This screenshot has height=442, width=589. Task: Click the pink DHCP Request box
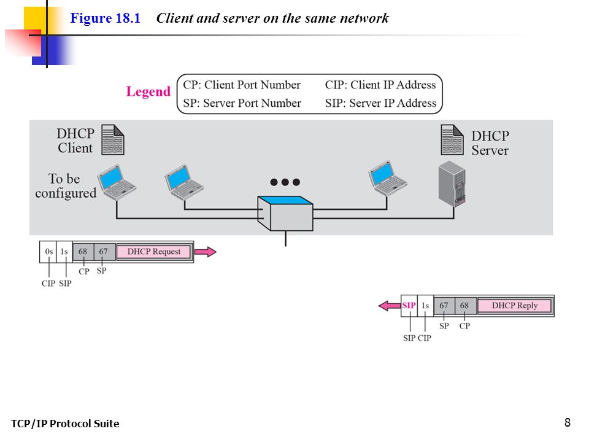tap(153, 252)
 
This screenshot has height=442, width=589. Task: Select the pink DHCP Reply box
tap(515, 306)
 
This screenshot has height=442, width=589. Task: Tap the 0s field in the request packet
tap(48, 252)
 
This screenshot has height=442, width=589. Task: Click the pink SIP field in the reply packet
tap(409, 306)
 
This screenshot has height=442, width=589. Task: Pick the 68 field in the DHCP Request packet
tap(83, 252)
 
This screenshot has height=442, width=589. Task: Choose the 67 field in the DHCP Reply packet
tap(444, 306)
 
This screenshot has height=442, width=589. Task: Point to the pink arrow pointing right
tap(205, 252)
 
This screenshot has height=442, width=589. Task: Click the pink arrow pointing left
tap(390, 306)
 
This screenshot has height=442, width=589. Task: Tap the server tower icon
tap(452, 184)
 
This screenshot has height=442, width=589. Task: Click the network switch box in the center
tap(285, 213)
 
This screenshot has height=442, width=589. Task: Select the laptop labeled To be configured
tap(117, 182)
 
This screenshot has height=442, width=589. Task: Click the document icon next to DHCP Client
tap(113, 140)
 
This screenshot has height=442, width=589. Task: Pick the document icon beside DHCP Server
tap(452, 140)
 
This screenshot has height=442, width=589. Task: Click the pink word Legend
tap(148, 91)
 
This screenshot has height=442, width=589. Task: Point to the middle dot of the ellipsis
tap(285, 182)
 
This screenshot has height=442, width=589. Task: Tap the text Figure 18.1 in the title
tap(105, 18)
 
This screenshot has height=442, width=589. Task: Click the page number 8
tap(567, 422)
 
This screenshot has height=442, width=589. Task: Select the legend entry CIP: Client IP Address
tap(380, 85)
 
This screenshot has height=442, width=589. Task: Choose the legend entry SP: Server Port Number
tap(242, 103)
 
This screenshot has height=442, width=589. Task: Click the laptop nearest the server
tap(387, 179)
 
